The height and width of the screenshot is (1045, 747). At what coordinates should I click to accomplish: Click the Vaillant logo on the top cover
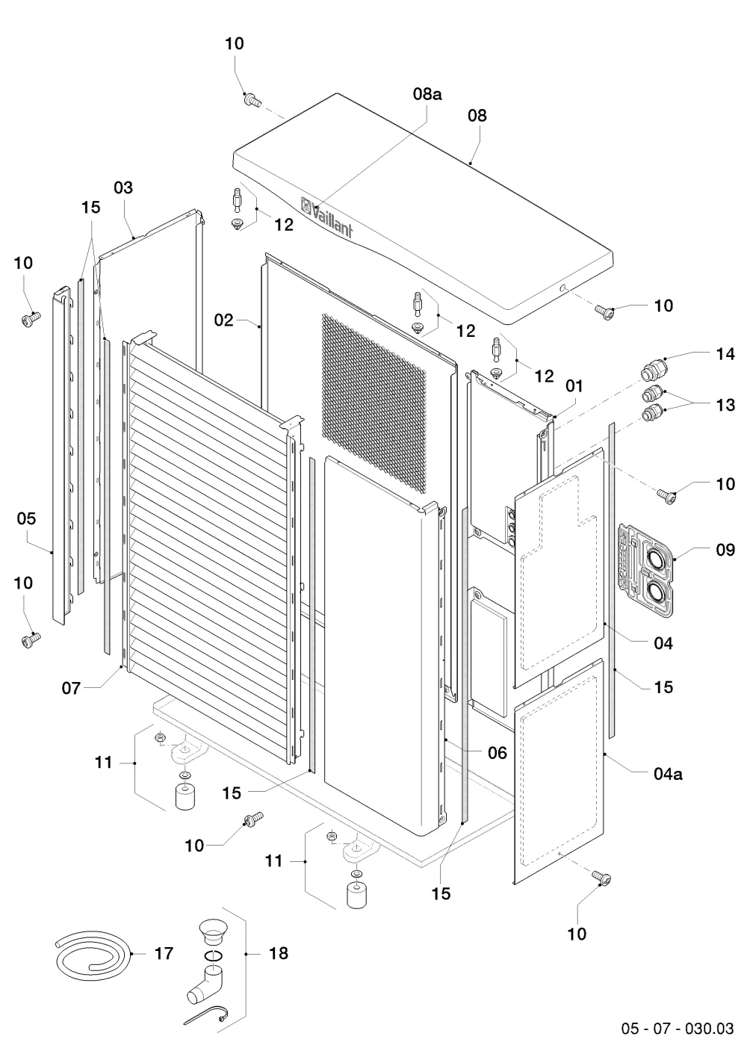[x=326, y=217]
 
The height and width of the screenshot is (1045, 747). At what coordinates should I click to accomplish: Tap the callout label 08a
[x=427, y=94]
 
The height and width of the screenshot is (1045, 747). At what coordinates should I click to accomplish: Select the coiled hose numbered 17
[x=93, y=954]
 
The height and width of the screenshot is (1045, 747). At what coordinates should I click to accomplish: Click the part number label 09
[x=725, y=550]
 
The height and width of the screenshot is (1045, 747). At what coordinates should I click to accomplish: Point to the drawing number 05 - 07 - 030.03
[x=678, y=1028]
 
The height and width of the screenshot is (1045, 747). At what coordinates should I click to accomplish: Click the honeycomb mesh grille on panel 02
[x=373, y=404]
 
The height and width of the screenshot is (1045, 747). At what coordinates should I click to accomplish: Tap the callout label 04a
[x=668, y=774]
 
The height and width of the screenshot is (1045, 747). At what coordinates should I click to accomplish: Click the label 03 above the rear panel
[x=123, y=187]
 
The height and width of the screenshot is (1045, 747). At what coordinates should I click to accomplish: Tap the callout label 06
[x=498, y=752]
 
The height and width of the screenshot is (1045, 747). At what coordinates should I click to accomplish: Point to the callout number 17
[x=164, y=953]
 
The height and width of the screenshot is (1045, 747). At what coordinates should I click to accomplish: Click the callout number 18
[x=279, y=953]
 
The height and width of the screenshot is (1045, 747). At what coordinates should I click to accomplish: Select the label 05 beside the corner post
[x=26, y=518]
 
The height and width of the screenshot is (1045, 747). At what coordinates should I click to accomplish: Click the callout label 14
[x=725, y=354]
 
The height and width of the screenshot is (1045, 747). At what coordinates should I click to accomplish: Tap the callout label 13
[x=725, y=404]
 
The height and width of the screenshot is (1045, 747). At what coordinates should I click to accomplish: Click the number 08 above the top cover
[x=477, y=115]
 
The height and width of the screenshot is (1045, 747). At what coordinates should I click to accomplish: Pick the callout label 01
[x=574, y=386]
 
